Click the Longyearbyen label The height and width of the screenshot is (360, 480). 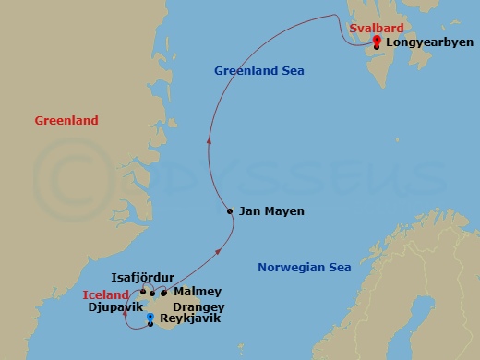click(423, 42)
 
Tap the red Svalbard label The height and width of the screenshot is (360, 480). click(373, 29)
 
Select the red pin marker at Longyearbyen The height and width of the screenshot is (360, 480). click(377, 39)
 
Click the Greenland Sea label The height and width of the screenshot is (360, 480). click(259, 71)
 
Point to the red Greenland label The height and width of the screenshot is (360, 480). click(66, 121)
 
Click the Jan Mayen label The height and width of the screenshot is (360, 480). click(271, 211)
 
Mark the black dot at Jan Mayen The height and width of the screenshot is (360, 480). click(230, 212)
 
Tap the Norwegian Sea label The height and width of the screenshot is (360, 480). click(305, 268)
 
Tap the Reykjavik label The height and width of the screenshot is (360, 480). click(190, 319)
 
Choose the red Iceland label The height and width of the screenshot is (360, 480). click(103, 294)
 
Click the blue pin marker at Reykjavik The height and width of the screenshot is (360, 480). click(150, 318)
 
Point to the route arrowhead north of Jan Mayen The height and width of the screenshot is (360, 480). click(210, 140)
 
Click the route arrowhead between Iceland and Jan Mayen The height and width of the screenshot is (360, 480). click(219, 250)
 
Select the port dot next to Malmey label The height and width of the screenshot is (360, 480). click(163, 294)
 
